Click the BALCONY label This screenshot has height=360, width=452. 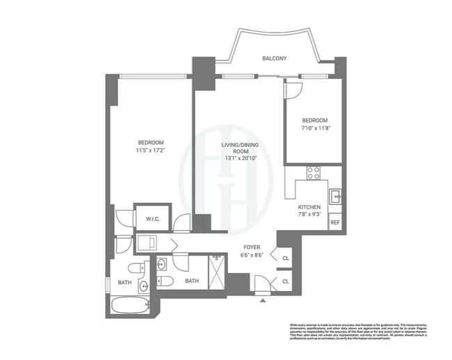(274, 58)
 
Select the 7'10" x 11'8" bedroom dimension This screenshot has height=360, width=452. (314, 128)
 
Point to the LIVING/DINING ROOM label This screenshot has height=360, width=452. (235, 148)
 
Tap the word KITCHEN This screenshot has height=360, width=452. (309, 208)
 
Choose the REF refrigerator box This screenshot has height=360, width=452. (334, 222)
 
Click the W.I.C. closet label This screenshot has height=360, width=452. (153, 219)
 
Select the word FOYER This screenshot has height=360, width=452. (252, 247)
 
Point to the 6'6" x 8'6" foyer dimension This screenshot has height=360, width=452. (252, 255)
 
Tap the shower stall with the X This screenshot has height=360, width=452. (216, 270)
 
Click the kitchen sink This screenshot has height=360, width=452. (334, 195)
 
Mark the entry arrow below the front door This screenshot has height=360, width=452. (262, 301)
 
